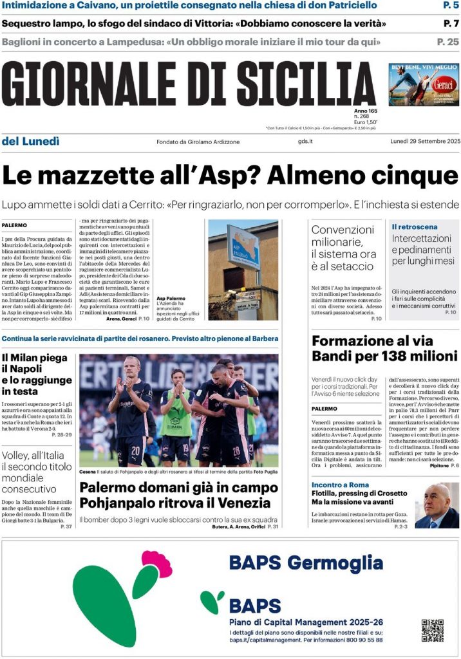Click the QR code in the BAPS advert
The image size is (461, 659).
coord(432,630)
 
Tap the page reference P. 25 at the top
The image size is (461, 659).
coord(447,42)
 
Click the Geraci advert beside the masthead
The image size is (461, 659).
coord(423,84)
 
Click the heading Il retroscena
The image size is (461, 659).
coord(414,227)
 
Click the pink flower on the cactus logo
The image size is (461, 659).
coord(157,564)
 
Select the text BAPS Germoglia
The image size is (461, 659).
coord(306,563)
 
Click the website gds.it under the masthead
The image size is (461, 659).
coord(305,142)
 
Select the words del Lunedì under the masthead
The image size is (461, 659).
coord(30,141)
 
